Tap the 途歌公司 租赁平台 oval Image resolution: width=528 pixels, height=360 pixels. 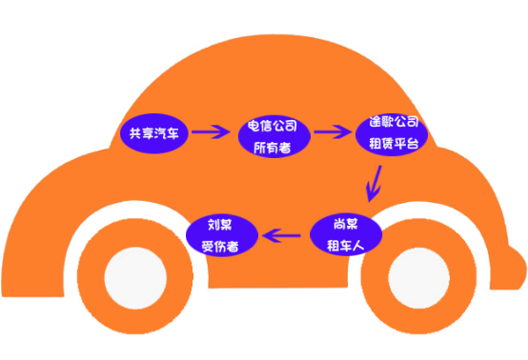[x=392, y=132]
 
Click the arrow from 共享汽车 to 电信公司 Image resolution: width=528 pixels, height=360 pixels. [x=212, y=131]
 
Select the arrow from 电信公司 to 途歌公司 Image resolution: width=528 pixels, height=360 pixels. [x=333, y=131]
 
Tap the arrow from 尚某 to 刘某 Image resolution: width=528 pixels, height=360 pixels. [x=284, y=233]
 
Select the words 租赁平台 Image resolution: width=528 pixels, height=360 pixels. [x=392, y=143]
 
